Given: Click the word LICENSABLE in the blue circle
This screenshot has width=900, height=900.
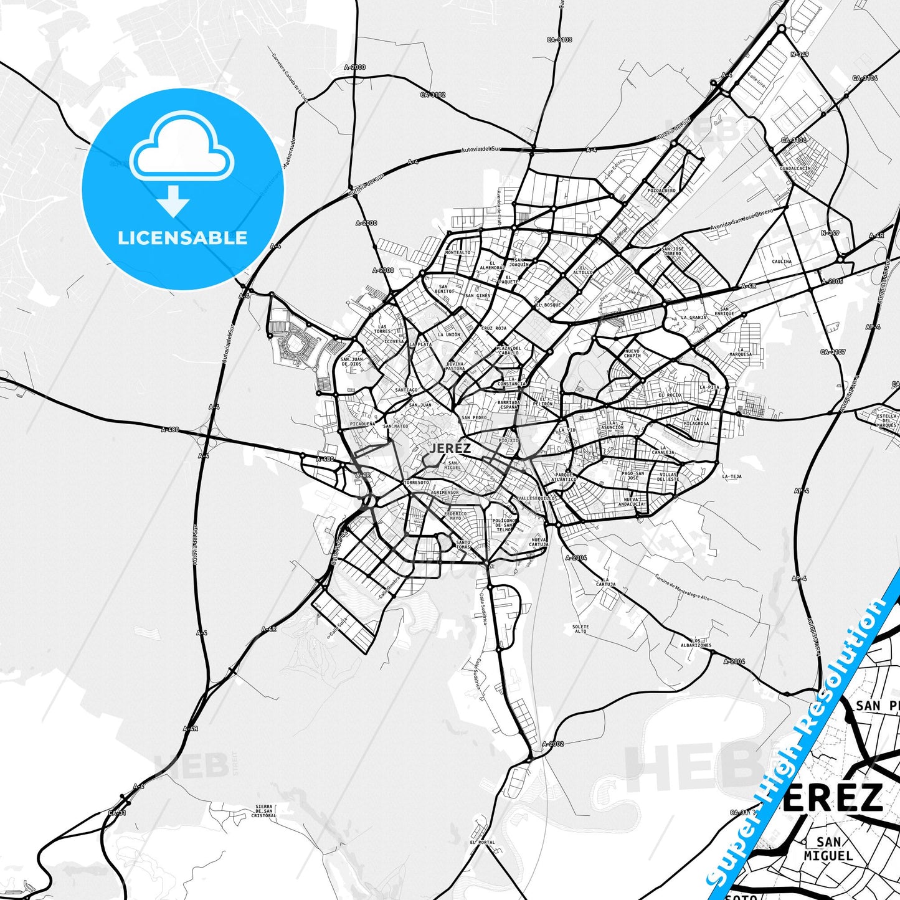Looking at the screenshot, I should click(182, 238).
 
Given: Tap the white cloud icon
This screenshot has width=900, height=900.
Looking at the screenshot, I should click(182, 149).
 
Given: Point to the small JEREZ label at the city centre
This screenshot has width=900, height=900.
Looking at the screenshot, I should click(450, 447).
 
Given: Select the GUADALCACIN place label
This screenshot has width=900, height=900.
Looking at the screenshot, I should click(795, 168).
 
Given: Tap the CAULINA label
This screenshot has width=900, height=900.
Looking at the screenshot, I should click(782, 262).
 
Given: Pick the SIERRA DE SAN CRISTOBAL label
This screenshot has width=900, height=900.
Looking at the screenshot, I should click(264, 811).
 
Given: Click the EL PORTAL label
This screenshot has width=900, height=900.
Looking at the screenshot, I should click(482, 842).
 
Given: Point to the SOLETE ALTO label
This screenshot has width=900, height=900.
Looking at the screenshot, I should click(580, 628).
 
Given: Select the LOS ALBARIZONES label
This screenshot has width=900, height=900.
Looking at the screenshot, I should click(696, 643).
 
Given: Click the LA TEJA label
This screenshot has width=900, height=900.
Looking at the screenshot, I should click(732, 476).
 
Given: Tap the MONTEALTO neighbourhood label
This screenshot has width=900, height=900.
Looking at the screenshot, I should click(458, 252).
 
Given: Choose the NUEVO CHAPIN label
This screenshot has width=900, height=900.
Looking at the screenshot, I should click(632, 353).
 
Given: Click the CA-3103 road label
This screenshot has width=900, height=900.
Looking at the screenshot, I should click(559, 39).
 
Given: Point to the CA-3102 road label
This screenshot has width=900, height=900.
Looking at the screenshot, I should click(433, 95).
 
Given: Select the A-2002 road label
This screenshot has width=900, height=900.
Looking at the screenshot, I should click(552, 744).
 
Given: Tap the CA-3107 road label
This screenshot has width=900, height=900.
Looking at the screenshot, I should click(833, 352).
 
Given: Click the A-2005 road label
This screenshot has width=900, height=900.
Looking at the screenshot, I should click(832, 282).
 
